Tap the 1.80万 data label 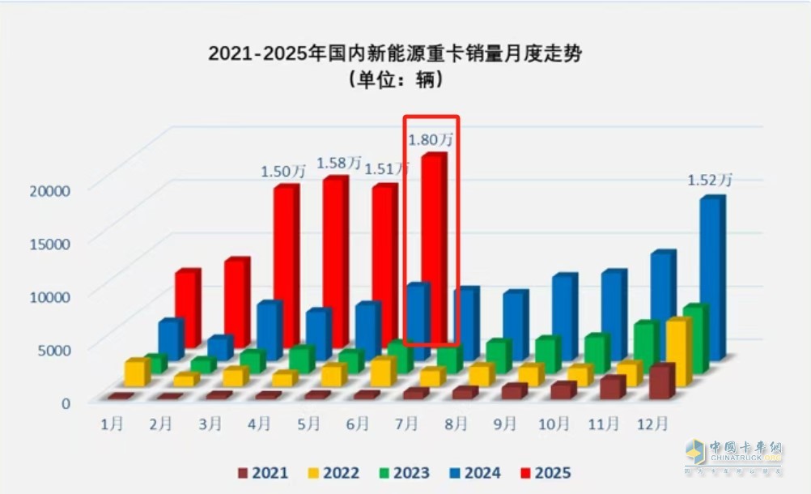pos(430,138)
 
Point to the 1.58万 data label pos(338,163)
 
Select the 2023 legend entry pos(402,472)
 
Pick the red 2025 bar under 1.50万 pos(285,267)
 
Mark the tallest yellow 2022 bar pos(677,352)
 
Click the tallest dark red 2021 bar pos(660,381)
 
